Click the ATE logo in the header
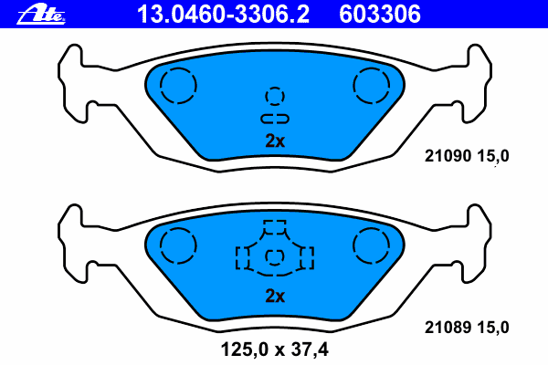click(x=41, y=15)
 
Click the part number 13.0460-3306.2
click(x=223, y=15)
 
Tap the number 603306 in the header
click(x=380, y=15)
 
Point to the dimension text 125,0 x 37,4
click(x=275, y=349)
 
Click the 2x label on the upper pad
click(x=275, y=141)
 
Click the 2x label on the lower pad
click(x=275, y=297)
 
